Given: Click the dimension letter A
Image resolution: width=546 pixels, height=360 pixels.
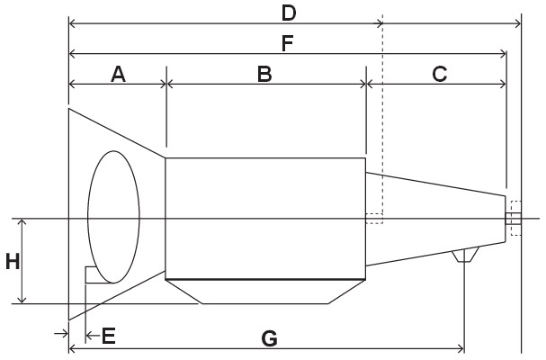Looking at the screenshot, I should click(118, 74).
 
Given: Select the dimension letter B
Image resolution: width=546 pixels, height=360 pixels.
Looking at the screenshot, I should click(264, 74).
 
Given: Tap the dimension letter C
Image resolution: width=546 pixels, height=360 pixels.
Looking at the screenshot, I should click(439, 74).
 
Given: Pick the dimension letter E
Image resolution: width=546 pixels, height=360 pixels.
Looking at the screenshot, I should click(108, 337).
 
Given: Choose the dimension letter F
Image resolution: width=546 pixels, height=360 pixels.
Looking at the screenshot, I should click(288, 42).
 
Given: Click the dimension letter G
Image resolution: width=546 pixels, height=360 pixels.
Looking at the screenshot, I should click(268, 338).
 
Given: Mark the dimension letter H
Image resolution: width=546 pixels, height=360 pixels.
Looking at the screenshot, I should click(12, 262).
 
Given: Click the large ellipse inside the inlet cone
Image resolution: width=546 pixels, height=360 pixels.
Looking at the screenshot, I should click(113, 216).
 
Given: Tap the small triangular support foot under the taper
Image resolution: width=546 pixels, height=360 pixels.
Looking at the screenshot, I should click(464, 256).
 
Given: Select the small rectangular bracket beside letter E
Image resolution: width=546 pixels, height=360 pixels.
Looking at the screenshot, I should click(89, 274).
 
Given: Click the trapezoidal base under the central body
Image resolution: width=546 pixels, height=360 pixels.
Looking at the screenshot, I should click(264, 290).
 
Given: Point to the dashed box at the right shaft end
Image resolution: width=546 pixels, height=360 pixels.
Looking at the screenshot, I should click(515, 218).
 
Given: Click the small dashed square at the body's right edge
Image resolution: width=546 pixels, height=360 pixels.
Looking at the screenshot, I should click(374, 218).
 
